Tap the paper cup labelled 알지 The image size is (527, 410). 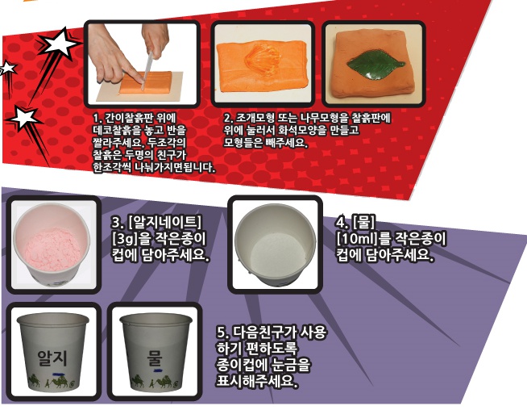click(x=50, y=354)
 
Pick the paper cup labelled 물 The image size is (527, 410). click(x=152, y=354)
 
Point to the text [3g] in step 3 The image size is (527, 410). click(x=126, y=239)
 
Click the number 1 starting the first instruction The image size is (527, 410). click(x=96, y=118)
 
